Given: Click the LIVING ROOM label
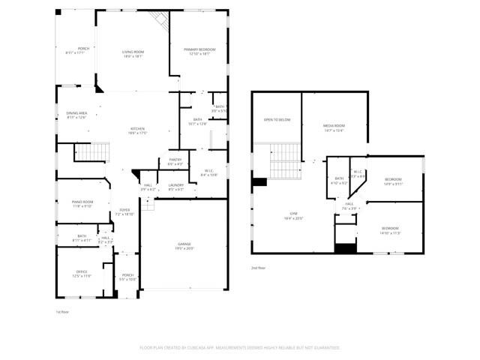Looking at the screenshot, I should click(x=133, y=51).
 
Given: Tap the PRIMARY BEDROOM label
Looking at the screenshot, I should click(x=199, y=49).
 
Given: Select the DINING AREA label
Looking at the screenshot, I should click(x=76, y=112).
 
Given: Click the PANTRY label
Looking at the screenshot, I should click(x=175, y=159).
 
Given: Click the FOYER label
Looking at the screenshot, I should click(x=124, y=210).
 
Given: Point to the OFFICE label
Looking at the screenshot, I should click(x=82, y=271).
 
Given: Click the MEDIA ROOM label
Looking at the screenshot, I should click(x=334, y=125).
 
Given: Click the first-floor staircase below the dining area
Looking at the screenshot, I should click(x=91, y=153).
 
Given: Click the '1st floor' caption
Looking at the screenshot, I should click(x=62, y=311).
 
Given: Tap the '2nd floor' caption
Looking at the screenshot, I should click(x=258, y=267).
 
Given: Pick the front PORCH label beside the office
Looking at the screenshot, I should click(x=127, y=275).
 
